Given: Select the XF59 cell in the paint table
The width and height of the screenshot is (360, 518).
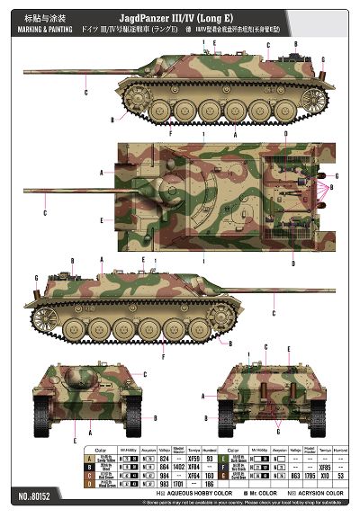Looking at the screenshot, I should [181, 459].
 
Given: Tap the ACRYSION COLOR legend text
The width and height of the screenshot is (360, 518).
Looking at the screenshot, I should [319, 494].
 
